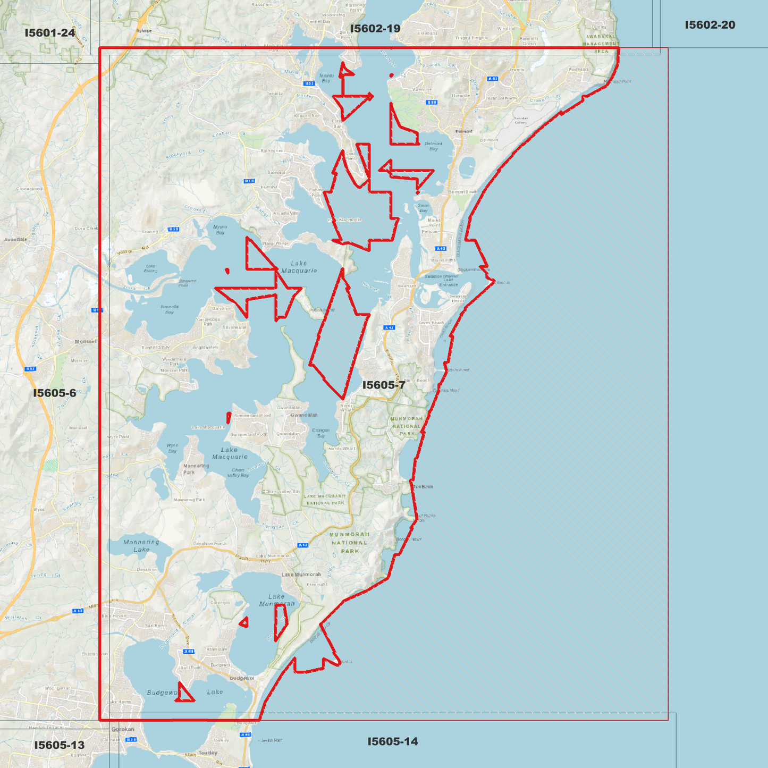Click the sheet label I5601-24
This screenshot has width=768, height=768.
(50, 33)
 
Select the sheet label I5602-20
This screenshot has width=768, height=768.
(710, 25)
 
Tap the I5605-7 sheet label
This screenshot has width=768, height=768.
(384, 385)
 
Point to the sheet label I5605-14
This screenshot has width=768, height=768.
(393, 741)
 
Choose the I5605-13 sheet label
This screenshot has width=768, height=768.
(60, 745)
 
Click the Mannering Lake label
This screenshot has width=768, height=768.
(141, 546)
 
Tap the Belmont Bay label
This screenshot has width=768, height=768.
(433, 146)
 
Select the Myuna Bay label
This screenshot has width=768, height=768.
(220, 230)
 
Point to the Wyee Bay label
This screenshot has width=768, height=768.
(172, 448)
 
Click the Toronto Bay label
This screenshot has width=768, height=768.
(326, 78)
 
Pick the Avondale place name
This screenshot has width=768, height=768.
(15, 240)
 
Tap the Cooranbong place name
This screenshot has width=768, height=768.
(29, 188)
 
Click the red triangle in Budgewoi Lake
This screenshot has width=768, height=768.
(184, 694)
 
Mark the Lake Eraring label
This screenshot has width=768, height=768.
(150, 268)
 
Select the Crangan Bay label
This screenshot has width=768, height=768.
(321, 433)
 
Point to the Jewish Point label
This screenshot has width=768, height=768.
(271, 740)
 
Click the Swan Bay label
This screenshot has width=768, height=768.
(423, 208)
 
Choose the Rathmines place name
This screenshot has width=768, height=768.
(272, 150)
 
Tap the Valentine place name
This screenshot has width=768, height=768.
(422, 89)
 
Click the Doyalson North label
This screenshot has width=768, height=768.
(209, 543)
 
